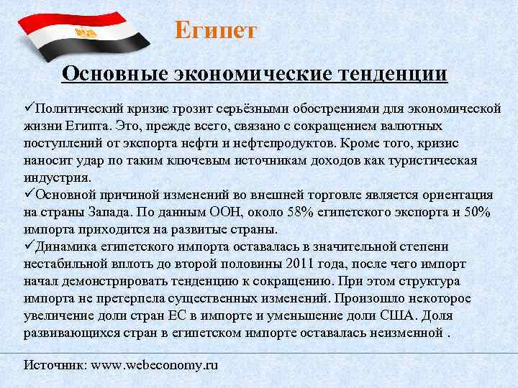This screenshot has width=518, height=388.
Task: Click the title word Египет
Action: tap(215, 31)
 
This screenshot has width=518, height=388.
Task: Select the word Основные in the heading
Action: tap(114, 74)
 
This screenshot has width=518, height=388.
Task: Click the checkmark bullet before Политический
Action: tap(29, 108)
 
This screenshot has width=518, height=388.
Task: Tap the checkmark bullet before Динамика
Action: tap(29, 246)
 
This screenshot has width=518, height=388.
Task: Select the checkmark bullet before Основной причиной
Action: tap(29, 195)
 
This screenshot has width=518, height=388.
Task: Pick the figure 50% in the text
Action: tap(476, 212)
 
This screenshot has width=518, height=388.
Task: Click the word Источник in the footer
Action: tap(55, 366)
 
